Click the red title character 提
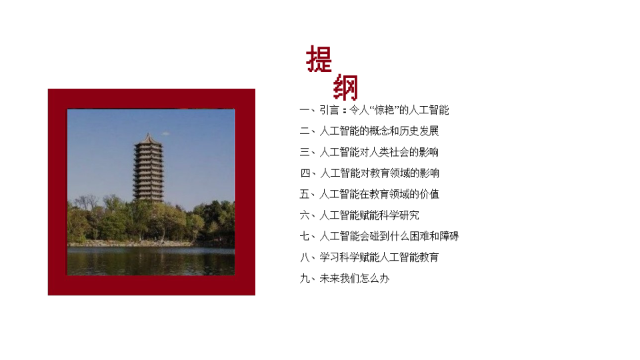tap(319, 59)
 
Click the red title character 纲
tap(346, 87)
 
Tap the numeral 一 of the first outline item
tap(305, 110)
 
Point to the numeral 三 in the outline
tap(305, 152)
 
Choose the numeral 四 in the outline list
tap(305, 173)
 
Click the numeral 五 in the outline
tap(305, 194)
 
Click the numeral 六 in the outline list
tap(305, 215)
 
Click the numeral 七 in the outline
tap(305, 236)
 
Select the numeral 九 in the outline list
tap(305, 279)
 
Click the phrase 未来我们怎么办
tap(354, 279)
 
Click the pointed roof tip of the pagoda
tap(149, 133)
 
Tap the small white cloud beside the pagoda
tap(165, 133)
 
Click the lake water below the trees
tap(151, 261)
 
